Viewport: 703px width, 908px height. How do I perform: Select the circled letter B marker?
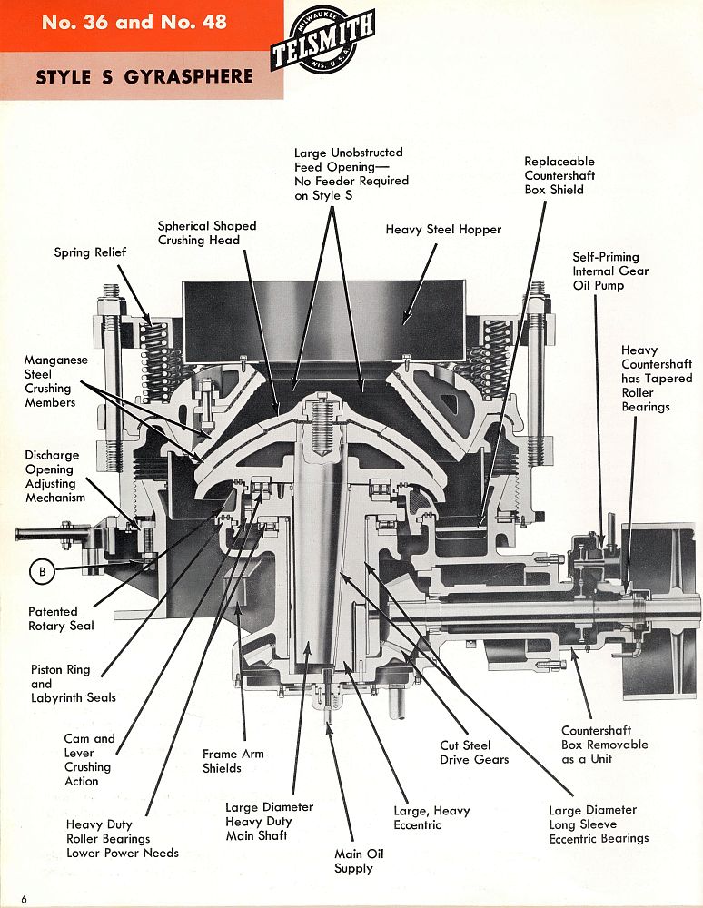tap(42, 571)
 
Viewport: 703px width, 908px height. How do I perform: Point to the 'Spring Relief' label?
tap(90, 252)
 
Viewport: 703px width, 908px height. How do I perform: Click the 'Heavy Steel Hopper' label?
tap(443, 230)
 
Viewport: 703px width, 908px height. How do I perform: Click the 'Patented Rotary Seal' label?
tap(62, 618)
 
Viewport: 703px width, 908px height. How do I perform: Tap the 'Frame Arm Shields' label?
tap(222, 761)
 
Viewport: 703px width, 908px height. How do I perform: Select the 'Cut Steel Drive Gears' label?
tap(474, 752)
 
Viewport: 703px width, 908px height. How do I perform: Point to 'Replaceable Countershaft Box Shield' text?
tap(559, 175)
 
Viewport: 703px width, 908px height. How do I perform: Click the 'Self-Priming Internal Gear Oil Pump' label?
tap(610, 271)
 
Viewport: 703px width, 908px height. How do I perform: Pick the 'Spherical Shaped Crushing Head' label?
tap(207, 232)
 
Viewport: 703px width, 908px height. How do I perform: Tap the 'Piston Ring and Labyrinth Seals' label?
tap(74, 684)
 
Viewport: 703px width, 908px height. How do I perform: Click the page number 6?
tap(25, 898)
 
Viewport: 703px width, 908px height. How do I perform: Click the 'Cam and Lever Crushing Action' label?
tap(89, 759)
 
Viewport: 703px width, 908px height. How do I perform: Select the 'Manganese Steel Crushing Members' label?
tap(56, 381)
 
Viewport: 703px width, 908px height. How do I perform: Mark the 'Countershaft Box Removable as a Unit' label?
tap(604, 745)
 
